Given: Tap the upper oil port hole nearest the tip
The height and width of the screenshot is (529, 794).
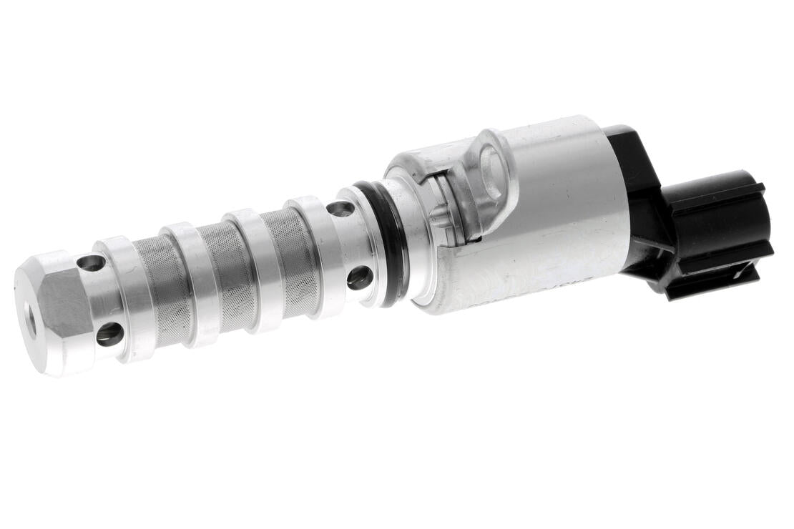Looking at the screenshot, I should pyautogui.click(x=92, y=263).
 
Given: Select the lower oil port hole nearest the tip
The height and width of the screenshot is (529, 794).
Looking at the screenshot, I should pyautogui.click(x=109, y=334).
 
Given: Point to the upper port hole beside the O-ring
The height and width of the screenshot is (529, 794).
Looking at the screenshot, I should pyautogui.click(x=340, y=209).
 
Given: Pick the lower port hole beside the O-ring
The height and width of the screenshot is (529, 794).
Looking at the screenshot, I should pyautogui.click(x=359, y=277).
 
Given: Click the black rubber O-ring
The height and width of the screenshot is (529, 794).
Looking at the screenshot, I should pyautogui.click(x=391, y=243).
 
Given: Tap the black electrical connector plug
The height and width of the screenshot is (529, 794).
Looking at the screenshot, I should pyautogui.click(x=722, y=229).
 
